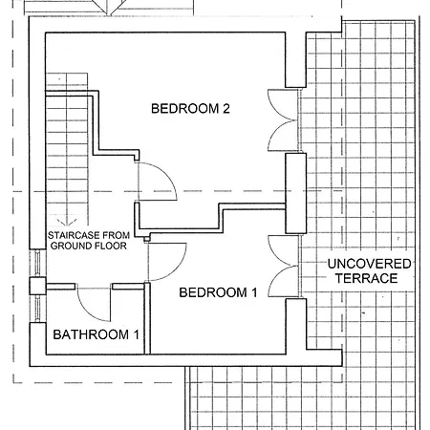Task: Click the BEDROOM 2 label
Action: [190, 109]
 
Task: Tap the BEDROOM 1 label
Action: [218, 292]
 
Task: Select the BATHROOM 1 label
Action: [96, 334]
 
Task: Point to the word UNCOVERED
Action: [369, 264]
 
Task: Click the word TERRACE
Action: [366, 278]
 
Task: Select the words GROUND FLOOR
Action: [89, 246]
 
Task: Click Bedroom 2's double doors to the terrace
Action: [284, 120]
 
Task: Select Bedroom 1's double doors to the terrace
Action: [284, 266]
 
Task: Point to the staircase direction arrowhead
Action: [67, 222]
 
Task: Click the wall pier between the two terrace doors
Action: [296, 193]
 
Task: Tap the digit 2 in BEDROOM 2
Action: [226, 109]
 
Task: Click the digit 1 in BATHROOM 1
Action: [136, 334]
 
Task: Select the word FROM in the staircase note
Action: [117, 235]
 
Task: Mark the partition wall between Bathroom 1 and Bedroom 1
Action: [147, 318]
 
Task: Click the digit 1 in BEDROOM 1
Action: [254, 292]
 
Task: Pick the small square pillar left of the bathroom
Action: [38, 286]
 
